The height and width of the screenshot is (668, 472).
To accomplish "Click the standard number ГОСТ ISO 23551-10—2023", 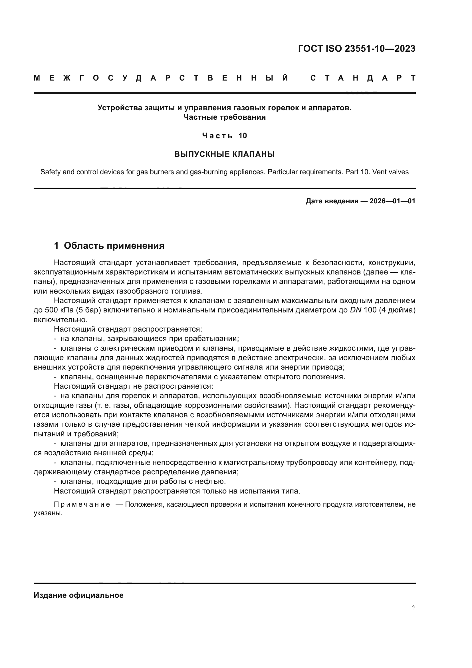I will tap(357, 49).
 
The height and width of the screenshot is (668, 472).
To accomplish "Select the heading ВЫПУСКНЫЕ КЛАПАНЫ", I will tap(224, 154).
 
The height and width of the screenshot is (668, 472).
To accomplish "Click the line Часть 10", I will tap(224, 136).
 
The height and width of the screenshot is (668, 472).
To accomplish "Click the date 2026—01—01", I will tap(392, 201).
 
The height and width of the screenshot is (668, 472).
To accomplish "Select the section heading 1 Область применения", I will tap(109, 246).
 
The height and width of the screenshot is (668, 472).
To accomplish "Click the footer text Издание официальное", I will tap(78, 595).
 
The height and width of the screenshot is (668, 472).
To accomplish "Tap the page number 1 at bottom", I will tap(413, 607).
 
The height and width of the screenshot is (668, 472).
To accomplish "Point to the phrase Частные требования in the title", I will tap(224, 117).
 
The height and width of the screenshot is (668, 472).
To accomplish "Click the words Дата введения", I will tap(332, 201).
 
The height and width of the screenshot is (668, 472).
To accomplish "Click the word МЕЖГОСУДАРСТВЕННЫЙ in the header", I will tap(161, 78).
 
